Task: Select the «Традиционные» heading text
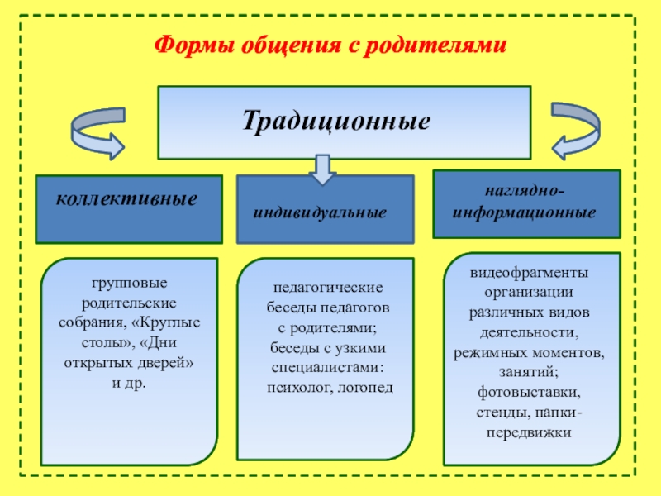(x=336, y=121)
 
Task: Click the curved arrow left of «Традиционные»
(x=97, y=131)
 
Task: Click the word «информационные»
(x=525, y=212)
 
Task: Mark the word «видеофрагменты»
(x=530, y=273)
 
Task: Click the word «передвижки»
(x=529, y=431)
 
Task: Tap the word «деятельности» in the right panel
(x=529, y=332)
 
